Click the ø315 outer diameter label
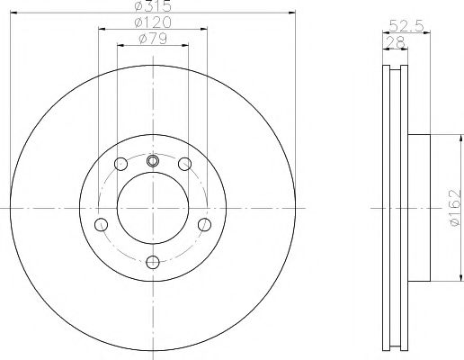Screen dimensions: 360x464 pos(152,6)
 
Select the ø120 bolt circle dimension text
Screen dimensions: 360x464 pos(152,22)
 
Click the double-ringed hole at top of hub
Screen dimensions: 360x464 pos(152,161)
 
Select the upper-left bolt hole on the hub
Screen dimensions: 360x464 pos(120,164)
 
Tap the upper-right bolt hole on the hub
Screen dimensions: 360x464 pos(184,164)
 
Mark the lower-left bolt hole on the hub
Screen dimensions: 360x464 pos(101,223)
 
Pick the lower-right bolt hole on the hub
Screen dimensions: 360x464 pos(204,223)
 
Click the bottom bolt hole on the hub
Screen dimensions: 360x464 pos(152,261)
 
